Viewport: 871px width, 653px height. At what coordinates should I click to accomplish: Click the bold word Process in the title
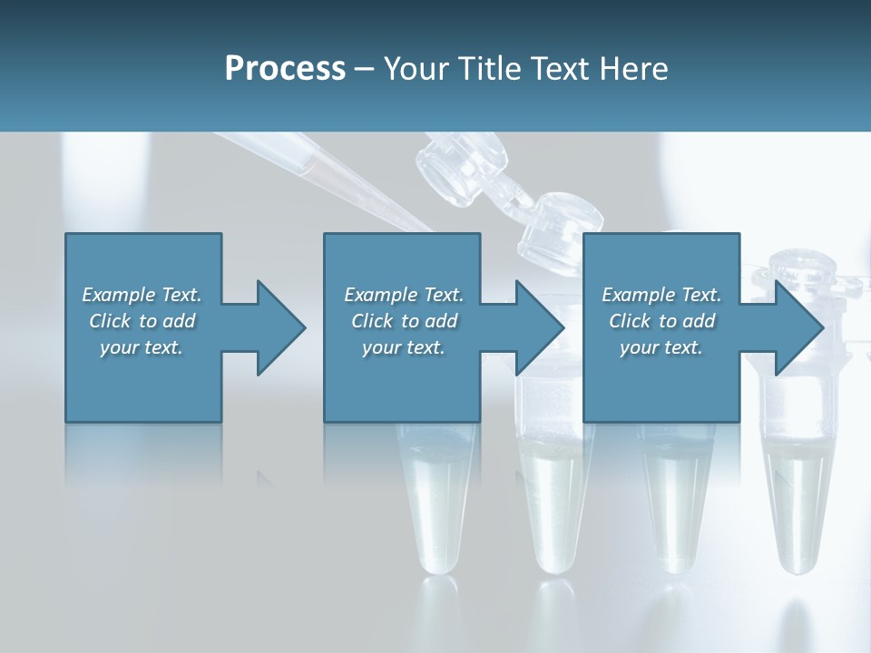285,69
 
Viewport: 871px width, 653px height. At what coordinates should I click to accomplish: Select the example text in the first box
142,321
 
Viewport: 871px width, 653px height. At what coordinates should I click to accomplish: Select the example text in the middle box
403,321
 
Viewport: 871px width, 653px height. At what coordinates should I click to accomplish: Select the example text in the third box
661,321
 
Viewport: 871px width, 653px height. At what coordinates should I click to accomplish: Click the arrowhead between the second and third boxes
539,327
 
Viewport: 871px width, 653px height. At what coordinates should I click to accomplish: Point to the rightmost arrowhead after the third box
798,327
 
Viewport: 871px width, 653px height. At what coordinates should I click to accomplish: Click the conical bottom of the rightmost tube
795,544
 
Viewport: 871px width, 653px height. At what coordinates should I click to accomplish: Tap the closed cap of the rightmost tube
802,268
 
